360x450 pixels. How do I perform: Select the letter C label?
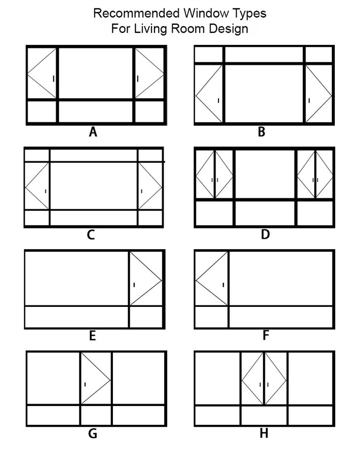pyautogui.click(x=91, y=234)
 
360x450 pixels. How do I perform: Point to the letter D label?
pyautogui.click(x=265, y=234)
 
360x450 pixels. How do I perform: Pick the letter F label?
pyautogui.click(x=265, y=336)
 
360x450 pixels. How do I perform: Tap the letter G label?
pyautogui.click(x=92, y=434)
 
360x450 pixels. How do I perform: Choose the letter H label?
pyautogui.click(x=264, y=434)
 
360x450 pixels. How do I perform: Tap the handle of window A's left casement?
pyautogui.click(x=53, y=78)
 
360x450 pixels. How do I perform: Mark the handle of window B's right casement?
pyautogui.click(x=309, y=101)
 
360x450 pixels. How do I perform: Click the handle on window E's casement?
pyautogui.click(x=134, y=284)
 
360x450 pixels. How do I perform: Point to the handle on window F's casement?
pyautogui.click(x=223, y=284)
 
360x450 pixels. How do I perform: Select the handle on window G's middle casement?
pyautogui.click(x=85, y=384)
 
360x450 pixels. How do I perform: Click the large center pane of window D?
pyautogui.click(x=264, y=174)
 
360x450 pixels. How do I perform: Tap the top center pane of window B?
pyautogui.click(x=264, y=54)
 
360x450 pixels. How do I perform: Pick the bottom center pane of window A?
pyautogui.click(x=96, y=112)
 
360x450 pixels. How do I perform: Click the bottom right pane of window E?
pyautogui.click(x=146, y=317)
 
